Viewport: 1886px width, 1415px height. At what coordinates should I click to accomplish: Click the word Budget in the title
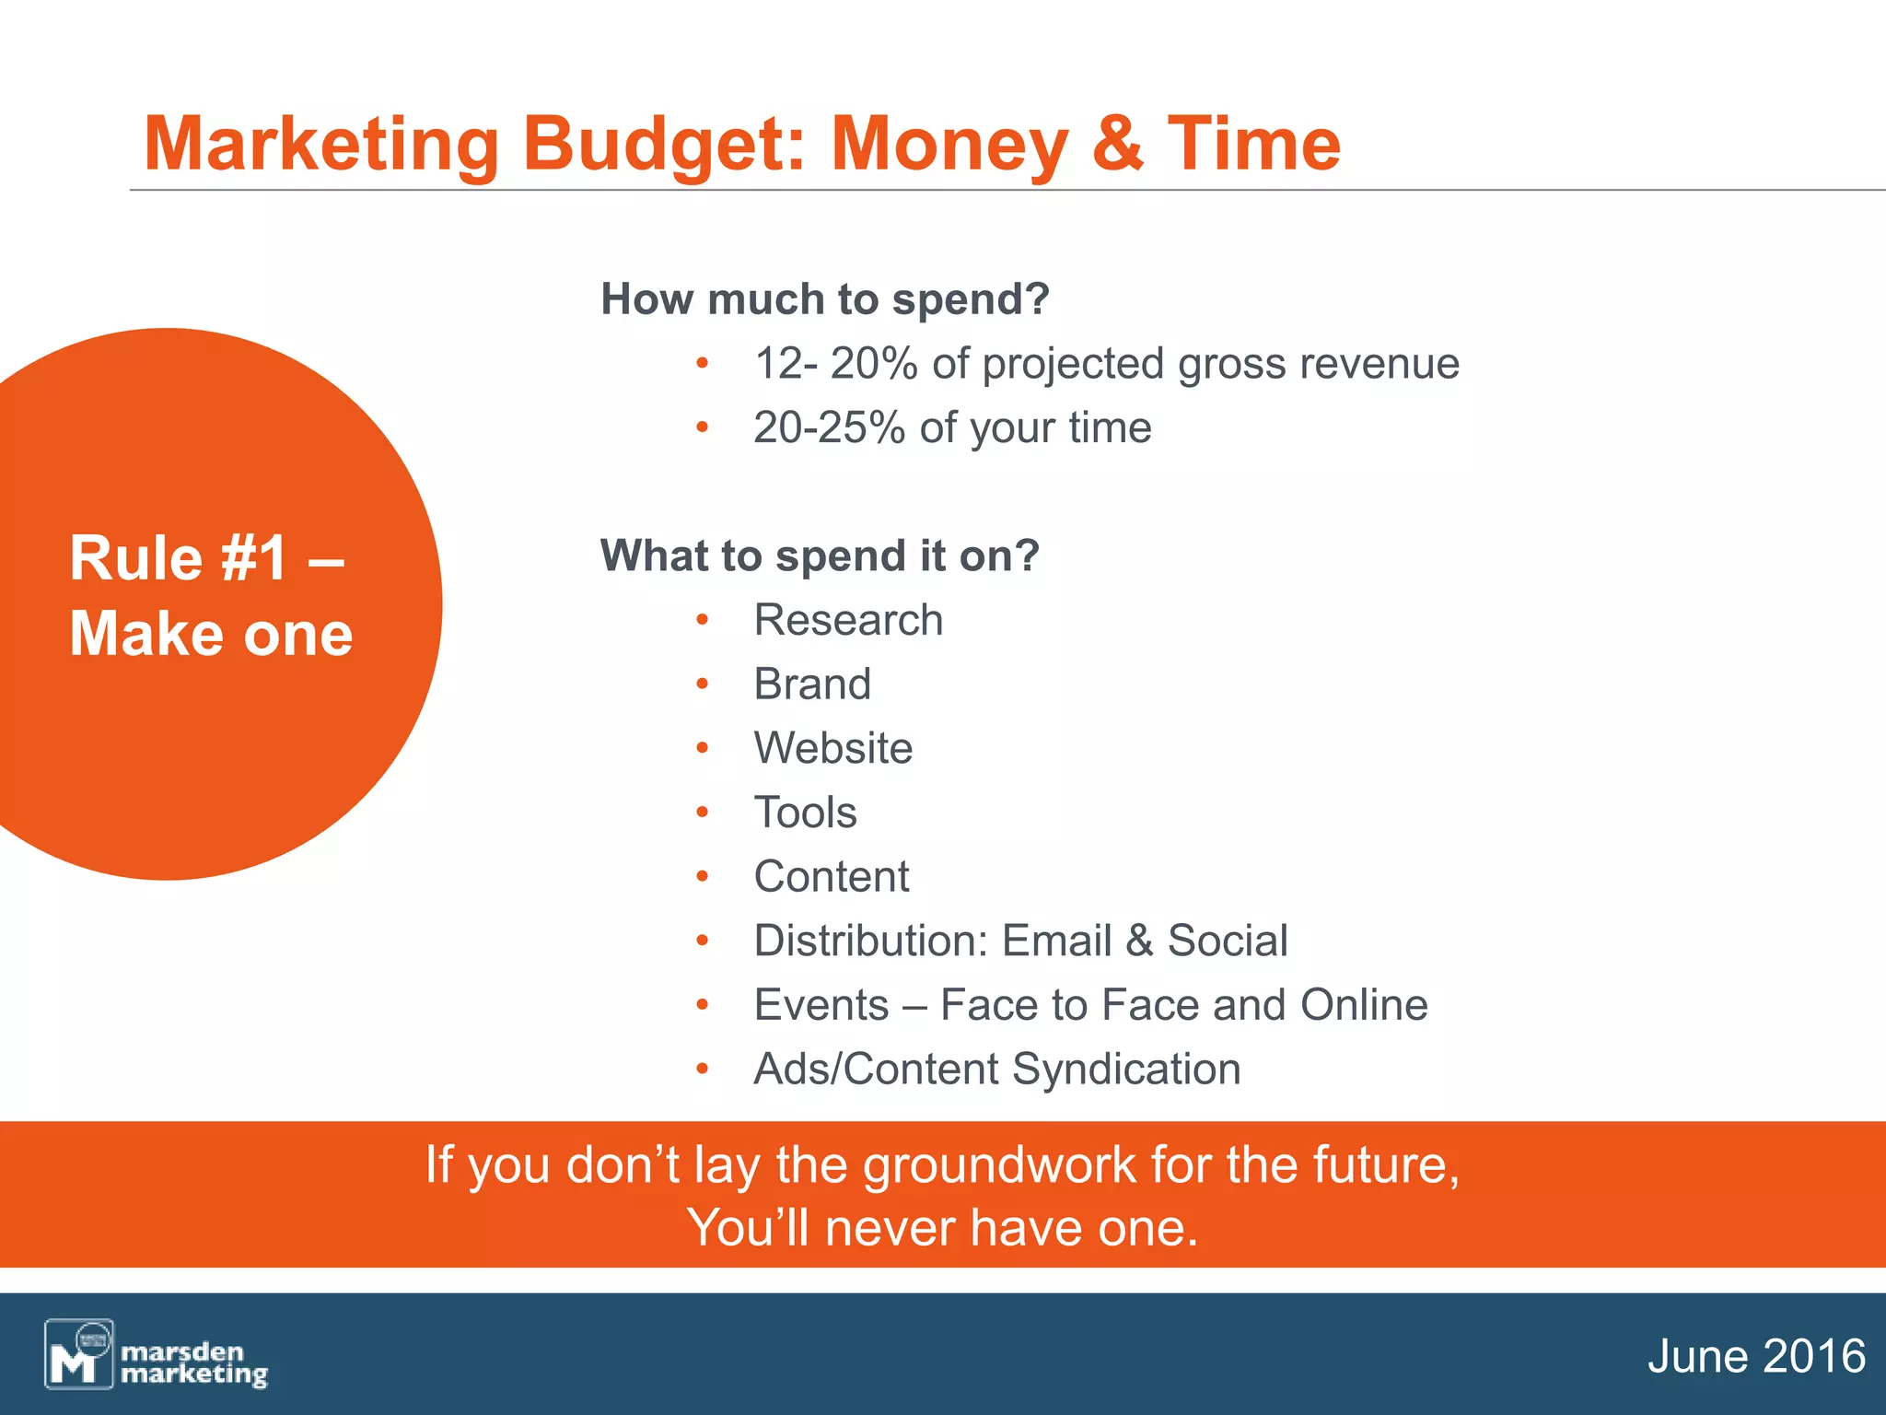665,146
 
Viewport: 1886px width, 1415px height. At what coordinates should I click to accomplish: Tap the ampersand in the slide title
1117,144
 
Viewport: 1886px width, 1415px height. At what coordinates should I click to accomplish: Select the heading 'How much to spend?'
824,299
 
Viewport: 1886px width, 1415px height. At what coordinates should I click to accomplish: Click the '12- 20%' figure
836,364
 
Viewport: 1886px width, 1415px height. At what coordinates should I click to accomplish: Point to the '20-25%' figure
829,428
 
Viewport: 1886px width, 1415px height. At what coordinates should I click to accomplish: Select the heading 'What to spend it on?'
820,556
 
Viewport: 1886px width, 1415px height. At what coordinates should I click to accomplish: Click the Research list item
848,620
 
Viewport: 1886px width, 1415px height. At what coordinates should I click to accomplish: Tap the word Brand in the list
812,684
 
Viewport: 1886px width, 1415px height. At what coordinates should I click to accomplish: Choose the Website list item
833,748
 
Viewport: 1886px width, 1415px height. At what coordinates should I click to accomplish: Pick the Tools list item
805,813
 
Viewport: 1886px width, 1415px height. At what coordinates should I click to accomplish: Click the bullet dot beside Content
703,877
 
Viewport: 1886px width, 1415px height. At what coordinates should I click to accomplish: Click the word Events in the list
821,1005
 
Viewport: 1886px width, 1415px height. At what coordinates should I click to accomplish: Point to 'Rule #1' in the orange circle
179,558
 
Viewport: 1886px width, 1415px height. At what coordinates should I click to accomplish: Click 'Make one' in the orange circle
211,635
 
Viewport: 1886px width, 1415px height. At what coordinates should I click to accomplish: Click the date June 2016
1756,1357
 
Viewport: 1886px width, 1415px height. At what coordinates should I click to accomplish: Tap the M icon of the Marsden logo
78,1354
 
